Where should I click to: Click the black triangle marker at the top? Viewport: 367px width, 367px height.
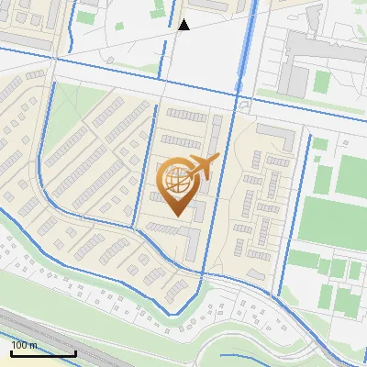[x=183, y=25]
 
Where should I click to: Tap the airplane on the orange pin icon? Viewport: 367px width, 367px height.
[x=201, y=168]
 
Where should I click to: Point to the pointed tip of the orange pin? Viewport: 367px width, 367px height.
[x=177, y=215]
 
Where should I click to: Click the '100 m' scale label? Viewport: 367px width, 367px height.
[x=24, y=345]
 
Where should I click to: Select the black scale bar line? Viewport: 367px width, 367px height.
[x=43, y=353]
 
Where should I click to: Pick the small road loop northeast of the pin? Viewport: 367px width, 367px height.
[x=242, y=106]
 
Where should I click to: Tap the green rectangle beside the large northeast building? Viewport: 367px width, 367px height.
[x=321, y=81]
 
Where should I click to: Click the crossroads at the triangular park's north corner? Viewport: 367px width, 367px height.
[x=54, y=81]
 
